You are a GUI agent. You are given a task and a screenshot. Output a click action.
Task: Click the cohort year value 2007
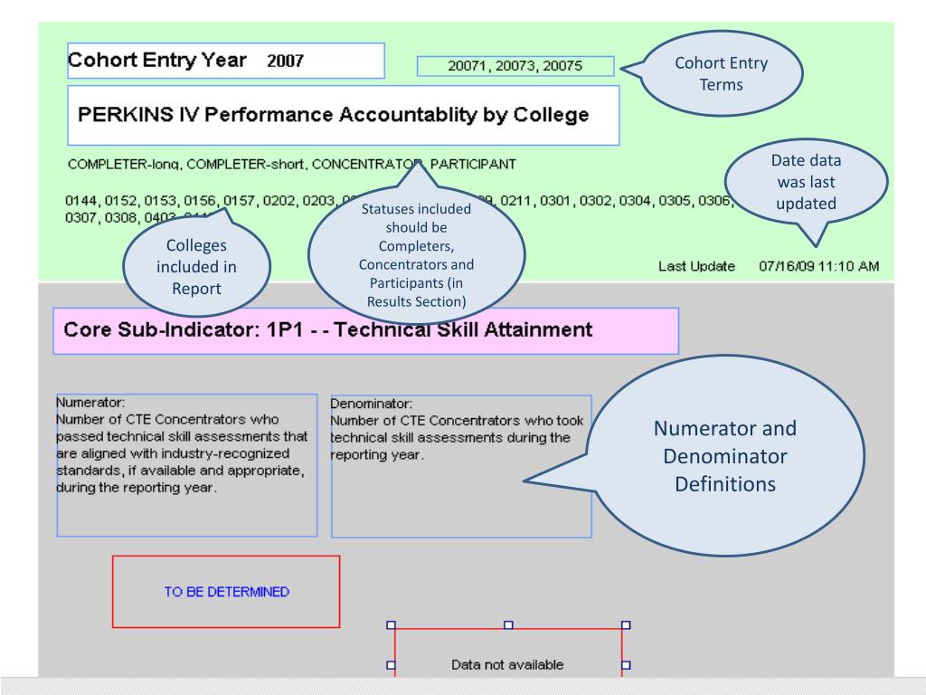284,62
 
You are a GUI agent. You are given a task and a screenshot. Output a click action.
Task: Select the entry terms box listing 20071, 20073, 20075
515,66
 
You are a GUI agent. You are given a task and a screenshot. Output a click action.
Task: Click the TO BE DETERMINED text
226,592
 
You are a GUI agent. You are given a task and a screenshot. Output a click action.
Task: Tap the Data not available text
507,665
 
